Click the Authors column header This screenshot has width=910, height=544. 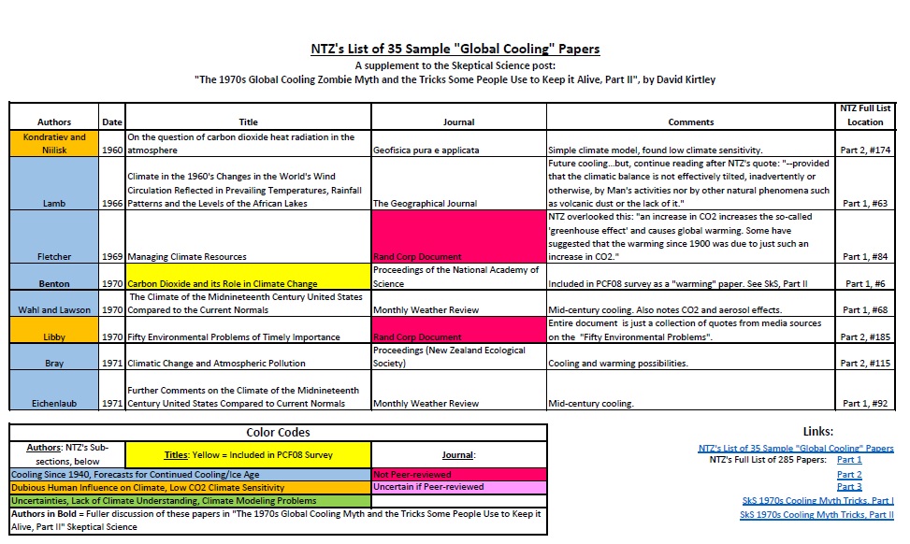(54, 122)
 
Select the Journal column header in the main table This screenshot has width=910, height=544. (458, 122)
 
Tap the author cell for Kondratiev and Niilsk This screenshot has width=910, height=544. (54, 142)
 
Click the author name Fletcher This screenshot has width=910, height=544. (54, 256)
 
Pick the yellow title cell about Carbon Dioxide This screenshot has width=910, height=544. (249, 282)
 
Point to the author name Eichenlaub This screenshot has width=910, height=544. (54, 404)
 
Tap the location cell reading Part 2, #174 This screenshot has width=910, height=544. (865, 149)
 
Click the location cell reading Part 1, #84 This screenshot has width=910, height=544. (865, 256)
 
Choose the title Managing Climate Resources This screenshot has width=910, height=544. (187, 256)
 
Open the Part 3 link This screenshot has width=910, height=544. (849, 487)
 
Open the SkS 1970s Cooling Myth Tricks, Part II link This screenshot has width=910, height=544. (816, 514)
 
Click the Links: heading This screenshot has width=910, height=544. (818, 432)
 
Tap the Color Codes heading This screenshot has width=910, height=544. (278, 433)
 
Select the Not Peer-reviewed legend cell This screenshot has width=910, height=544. (458, 474)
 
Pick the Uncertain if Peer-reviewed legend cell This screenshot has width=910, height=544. (458, 487)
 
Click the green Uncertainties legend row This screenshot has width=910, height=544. (190, 500)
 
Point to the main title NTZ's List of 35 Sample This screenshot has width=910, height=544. (455, 49)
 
